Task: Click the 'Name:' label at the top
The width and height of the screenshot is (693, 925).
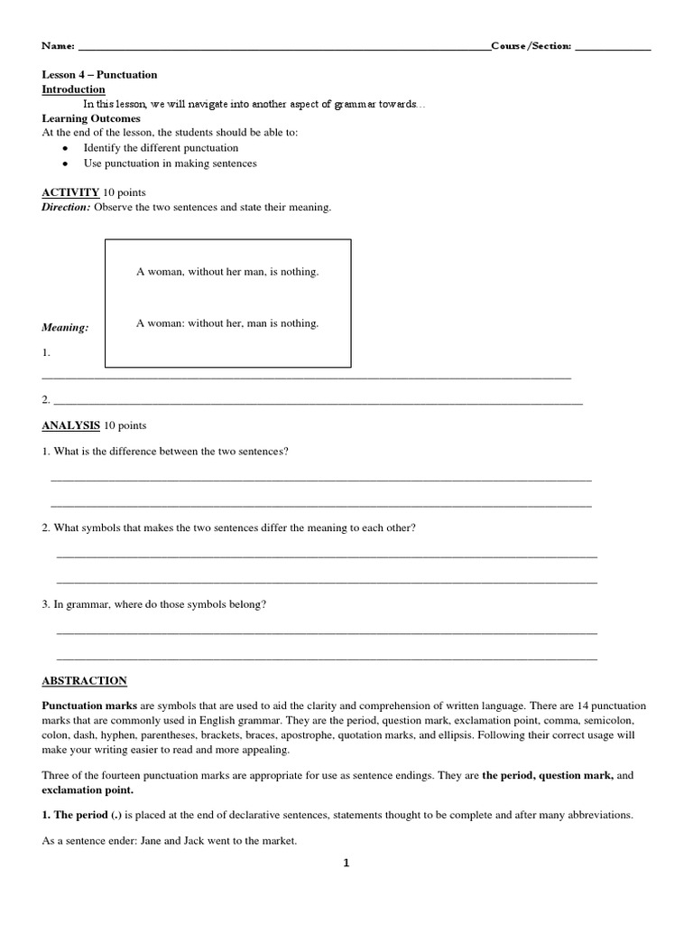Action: [x=59, y=46]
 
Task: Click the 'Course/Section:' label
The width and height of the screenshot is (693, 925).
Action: [x=531, y=46]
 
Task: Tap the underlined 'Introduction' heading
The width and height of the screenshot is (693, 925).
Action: [x=74, y=89]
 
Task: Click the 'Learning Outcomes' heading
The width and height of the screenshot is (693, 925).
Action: [x=91, y=118]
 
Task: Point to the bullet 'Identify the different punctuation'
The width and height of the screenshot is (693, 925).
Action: [x=161, y=147]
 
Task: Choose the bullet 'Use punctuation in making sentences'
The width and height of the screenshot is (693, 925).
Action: [x=170, y=164]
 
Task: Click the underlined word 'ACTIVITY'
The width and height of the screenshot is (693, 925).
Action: [x=70, y=192]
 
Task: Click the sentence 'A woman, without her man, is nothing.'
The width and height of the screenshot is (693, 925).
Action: [x=227, y=272]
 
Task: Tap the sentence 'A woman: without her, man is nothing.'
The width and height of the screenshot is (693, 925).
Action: [x=227, y=322]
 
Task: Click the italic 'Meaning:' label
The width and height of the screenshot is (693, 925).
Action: [x=65, y=328]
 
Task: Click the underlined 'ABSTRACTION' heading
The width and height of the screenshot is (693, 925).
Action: [x=85, y=680]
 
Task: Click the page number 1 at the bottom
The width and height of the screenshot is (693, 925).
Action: [x=346, y=864]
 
